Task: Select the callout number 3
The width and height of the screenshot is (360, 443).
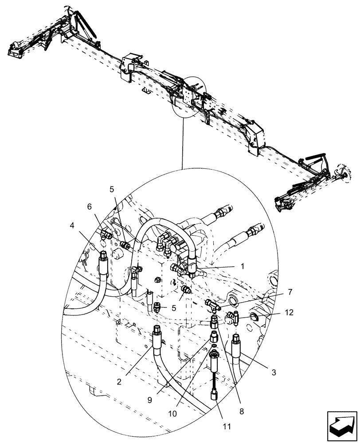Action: click(274, 373)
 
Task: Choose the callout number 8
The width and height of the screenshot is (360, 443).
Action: click(242, 411)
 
